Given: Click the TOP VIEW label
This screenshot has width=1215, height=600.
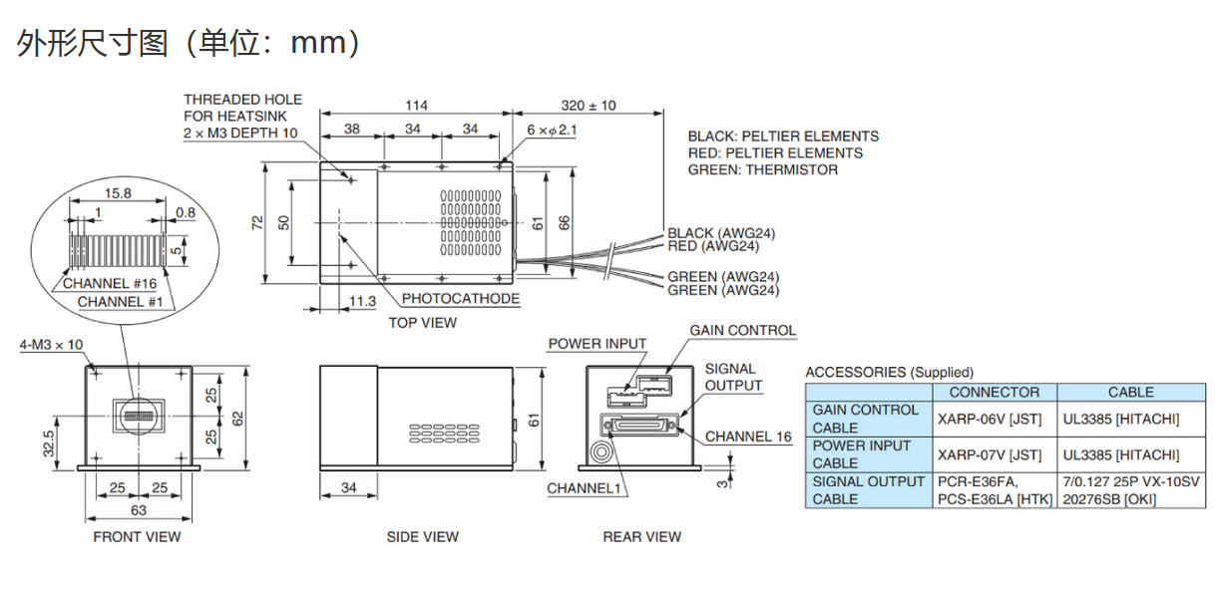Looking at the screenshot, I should pyautogui.click(x=422, y=322).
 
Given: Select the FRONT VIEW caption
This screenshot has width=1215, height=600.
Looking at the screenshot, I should pyautogui.click(x=137, y=536).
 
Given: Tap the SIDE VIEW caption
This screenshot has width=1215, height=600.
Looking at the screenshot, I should pyautogui.click(x=422, y=536).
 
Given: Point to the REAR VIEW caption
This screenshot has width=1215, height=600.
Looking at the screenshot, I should pyautogui.click(x=641, y=536).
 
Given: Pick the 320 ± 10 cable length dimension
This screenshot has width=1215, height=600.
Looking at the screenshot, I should pyautogui.click(x=589, y=106).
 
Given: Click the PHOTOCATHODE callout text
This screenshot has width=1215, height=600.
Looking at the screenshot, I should pyautogui.click(x=461, y=299).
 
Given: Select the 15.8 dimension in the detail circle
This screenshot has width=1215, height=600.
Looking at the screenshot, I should pyautogui.click(x=118, y=193).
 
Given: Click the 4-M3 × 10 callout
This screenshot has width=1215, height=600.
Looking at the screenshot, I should pyautogui.click(x=51, y=345).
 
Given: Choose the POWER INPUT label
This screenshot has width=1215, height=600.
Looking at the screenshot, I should pyautogui.click(x=597, y=344).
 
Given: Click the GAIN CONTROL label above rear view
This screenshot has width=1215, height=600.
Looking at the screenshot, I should pyautogui.click(x=742, y=330).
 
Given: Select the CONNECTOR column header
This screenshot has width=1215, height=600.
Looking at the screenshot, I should pyautogui.click(x=994, y=393).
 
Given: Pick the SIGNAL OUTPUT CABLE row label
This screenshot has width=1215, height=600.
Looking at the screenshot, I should pyautogui.click(x=868, y=490).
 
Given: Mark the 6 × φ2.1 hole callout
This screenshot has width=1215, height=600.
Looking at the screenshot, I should pyautogui.click(x=552, y=130).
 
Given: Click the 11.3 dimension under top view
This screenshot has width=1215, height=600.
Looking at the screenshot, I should pyautogui.click(x=362, y=301).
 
